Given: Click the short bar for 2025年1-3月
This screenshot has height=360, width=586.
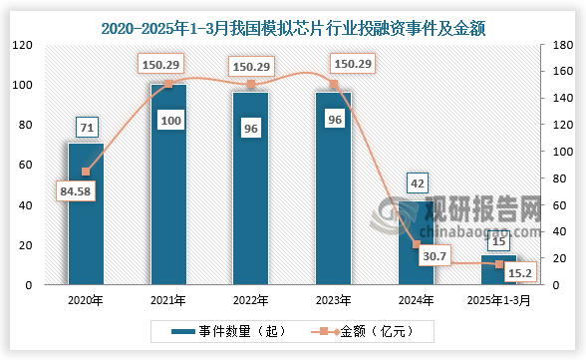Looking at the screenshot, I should (x=498, y=270).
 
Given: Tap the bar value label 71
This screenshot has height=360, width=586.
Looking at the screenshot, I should (x=86, y=127).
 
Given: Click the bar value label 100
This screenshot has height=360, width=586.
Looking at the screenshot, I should (x=168, y=121).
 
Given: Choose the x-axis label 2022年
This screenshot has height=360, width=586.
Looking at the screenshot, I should (x=250, y=299).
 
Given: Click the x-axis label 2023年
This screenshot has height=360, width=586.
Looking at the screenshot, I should (x=333, y=299).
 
